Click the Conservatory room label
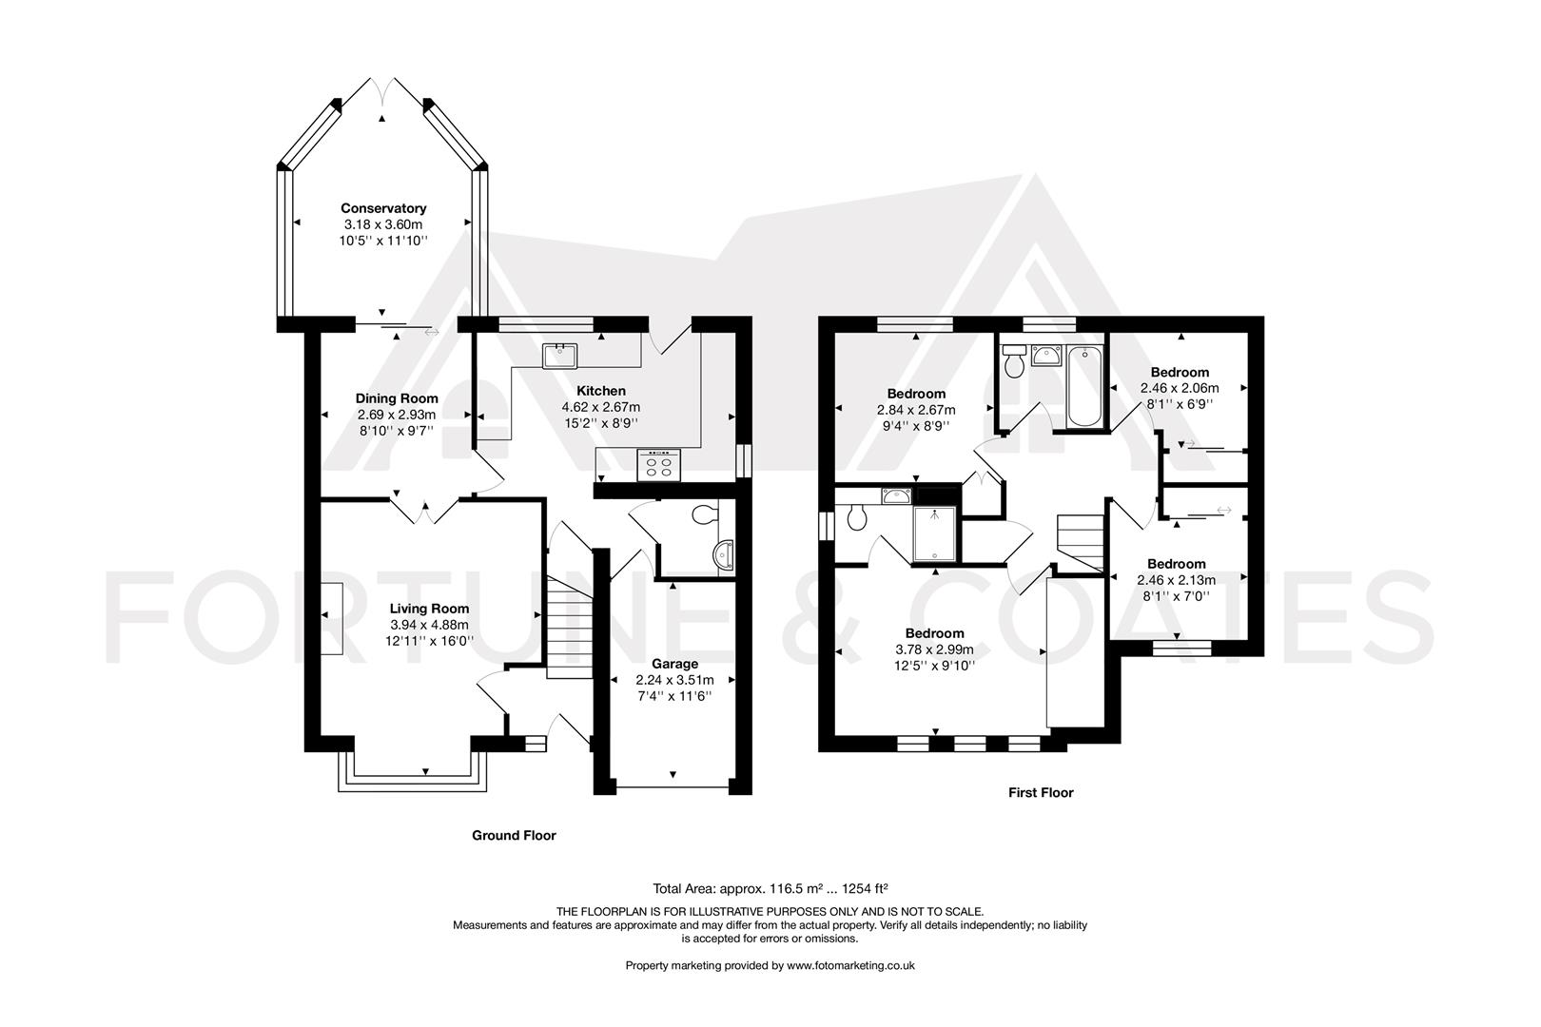pos(383,208)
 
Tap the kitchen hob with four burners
pos(659,465)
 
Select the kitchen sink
pos(560,356)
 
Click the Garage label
pos(674,664)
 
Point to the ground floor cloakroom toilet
pos(705,515)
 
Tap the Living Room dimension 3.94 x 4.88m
pos(429,625)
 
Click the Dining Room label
pos(397,398)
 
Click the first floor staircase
pos(1080,542)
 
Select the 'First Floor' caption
pos(1041,792)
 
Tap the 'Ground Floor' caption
pos(514,836)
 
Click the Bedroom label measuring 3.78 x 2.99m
pos(934,633)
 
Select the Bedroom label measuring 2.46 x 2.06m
pos(1180,372)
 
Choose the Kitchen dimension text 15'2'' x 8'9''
pos(600,422)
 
